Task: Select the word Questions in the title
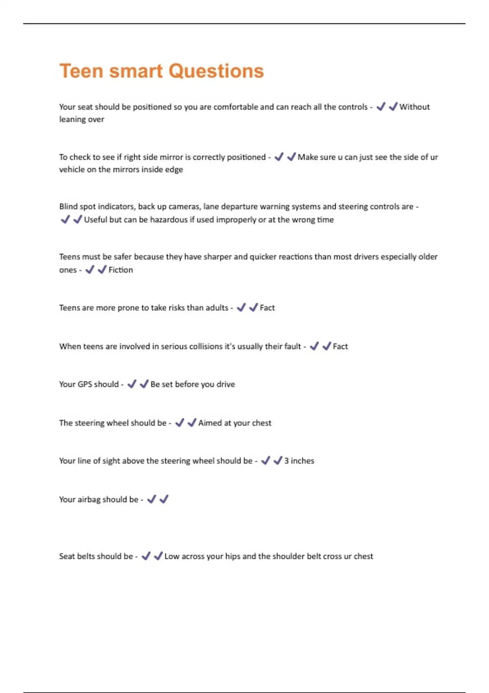point(216,71)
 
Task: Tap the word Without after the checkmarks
point(414,107)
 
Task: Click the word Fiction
point(121,270)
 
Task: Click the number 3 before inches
point(286,461)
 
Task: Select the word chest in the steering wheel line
point(262,423)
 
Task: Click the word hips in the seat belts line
point(233,556)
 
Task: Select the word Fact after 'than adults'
point(267,308)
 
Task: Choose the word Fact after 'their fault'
point(340,346)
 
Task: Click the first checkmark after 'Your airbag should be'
point(152,499)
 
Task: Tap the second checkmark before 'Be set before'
point(144,384)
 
